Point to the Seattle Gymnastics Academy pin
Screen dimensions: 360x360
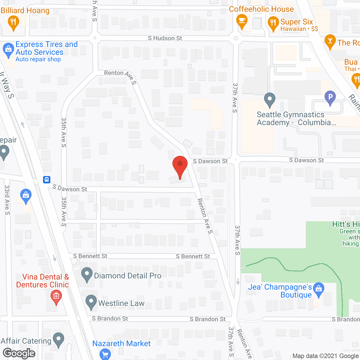[x=270, y=99]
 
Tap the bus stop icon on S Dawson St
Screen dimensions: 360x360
[x=47, y=179]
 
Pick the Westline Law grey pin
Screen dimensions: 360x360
[x=91, y=302]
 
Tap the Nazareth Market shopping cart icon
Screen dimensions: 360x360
[x=105, y=354]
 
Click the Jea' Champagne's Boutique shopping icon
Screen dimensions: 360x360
[x=318, y=289]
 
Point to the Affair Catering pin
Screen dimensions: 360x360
[x=58, y=339]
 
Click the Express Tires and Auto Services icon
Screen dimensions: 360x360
[x=8, y=50]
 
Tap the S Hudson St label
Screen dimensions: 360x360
[x=165, y=38]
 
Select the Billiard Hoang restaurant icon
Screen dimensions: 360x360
[x=13, y=22]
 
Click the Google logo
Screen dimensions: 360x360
[x=19, y=353]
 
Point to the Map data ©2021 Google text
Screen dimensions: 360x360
[x=326, y=356]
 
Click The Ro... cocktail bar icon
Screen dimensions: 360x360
[x=330, y=41]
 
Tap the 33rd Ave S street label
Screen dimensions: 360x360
[x=7, y=200]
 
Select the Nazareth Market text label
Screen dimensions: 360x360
[x=121, y=343]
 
